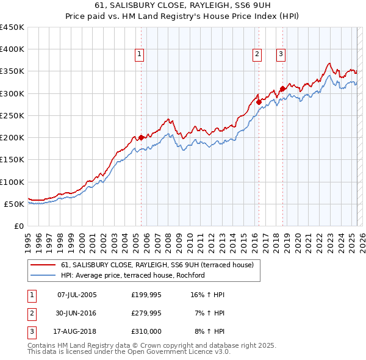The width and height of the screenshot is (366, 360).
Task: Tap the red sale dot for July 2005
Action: (141, 137)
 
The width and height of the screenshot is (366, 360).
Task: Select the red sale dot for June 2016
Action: (259, 102)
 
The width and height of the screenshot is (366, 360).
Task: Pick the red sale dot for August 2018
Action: (282, 89)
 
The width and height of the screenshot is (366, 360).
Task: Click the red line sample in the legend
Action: (42, 265)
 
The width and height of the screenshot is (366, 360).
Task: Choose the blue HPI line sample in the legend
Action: (42, 275)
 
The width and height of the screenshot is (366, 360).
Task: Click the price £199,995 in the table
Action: (146, 295)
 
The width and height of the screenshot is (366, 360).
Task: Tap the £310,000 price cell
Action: (146, 331)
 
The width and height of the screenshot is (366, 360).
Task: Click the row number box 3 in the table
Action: (31, 331)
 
